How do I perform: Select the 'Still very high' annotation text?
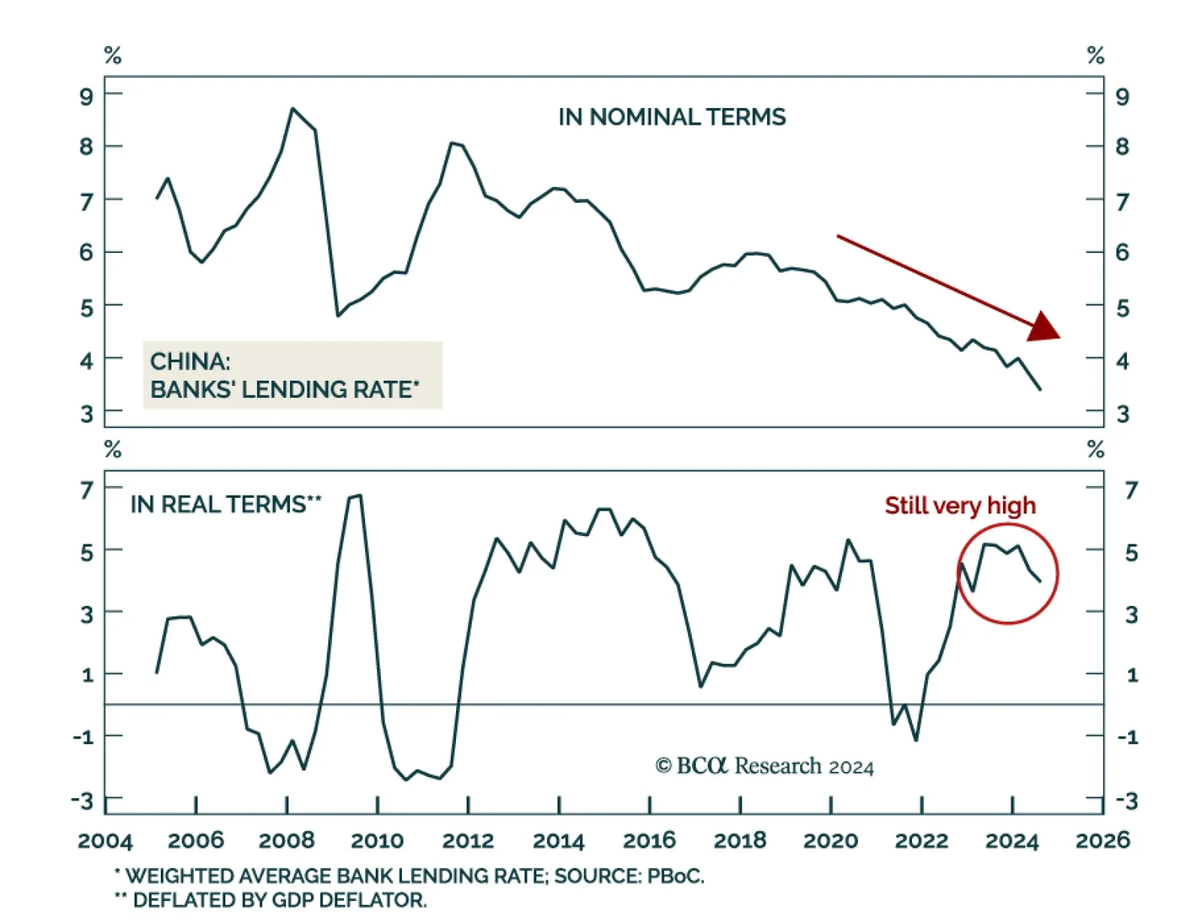click(959, 505)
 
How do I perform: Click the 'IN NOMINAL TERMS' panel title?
click(672, 117)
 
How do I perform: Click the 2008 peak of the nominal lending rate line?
click(293, 109)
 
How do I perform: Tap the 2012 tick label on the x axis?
click(468, 840)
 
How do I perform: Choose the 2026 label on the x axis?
click(1102, 840)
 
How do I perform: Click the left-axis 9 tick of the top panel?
click(86, 96)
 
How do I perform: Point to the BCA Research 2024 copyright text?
click(765, 766)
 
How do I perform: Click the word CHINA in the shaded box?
click(189, 362)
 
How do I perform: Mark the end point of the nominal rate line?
click(1040, 389)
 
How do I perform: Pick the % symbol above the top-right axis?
click(1095, 56)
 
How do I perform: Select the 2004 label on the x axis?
click(105, 840)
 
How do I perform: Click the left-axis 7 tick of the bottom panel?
click(87, 490)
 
